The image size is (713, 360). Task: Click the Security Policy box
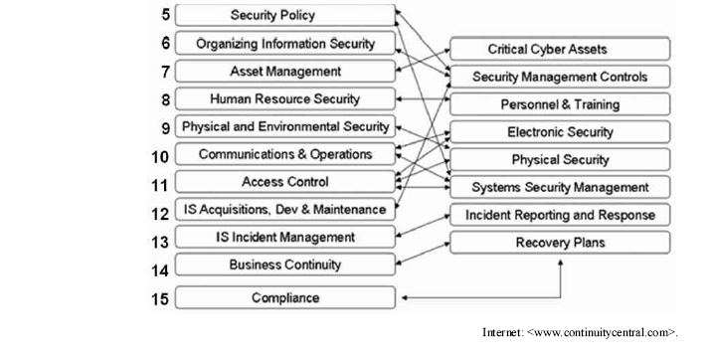tap(285, 15)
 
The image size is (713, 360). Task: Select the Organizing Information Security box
tap(285, 43)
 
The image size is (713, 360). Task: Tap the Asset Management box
tap(285, 72)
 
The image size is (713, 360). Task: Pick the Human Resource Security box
tap(285, 98)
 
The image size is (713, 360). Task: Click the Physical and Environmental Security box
tap(285, 126)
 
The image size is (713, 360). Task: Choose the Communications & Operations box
tap(285, 154)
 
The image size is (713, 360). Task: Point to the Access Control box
tap(285, 182)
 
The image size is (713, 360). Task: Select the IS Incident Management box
tap(285, 237)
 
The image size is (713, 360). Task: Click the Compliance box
tap(285, 297)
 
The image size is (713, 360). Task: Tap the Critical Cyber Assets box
tap(560, 49)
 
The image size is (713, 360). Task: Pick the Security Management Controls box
tap(560, 77)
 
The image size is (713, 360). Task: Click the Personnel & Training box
tap(560, 104)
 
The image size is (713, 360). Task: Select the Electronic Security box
tap(560, 132)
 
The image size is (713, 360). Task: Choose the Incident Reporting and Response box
tap(560, 215)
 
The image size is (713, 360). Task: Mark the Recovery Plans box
tap(560, 243)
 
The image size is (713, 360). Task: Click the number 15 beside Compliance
tap(160, 299)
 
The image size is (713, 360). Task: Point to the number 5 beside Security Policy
tap(165, 15)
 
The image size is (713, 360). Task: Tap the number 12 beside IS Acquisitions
tap(160, 214)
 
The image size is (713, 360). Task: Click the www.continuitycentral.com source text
tap(580, 332)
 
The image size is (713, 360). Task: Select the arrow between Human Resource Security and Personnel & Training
tap(423, 98)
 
